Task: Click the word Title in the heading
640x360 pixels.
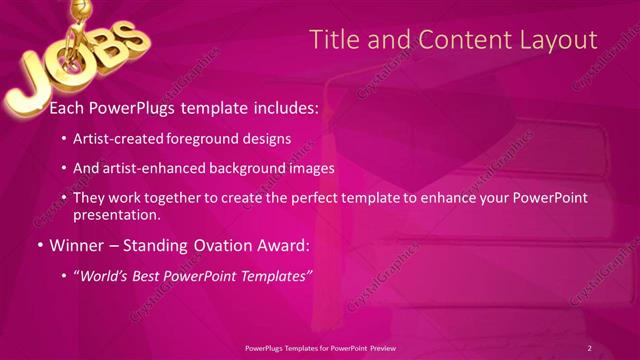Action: click(x=332, y=40)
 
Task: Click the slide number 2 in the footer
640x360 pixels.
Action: click(x=589, y=348)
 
